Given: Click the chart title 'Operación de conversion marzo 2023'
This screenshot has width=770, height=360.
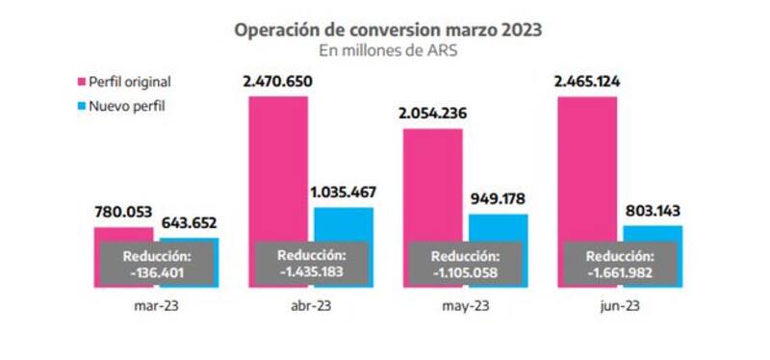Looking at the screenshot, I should click(389, 30).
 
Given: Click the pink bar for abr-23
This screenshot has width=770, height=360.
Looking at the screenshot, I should click(278, 164).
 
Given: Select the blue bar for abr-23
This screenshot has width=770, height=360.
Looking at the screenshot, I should click(343, 223).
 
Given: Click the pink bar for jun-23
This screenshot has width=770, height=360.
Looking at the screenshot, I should click(587, 164).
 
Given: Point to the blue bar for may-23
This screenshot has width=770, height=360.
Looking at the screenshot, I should click(498, 227).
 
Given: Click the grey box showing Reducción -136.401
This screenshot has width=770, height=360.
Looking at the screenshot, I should click(156, 264).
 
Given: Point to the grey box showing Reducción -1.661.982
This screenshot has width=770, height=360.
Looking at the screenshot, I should click(620, 264).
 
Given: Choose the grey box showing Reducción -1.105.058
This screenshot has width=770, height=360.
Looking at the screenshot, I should click(465, 264).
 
